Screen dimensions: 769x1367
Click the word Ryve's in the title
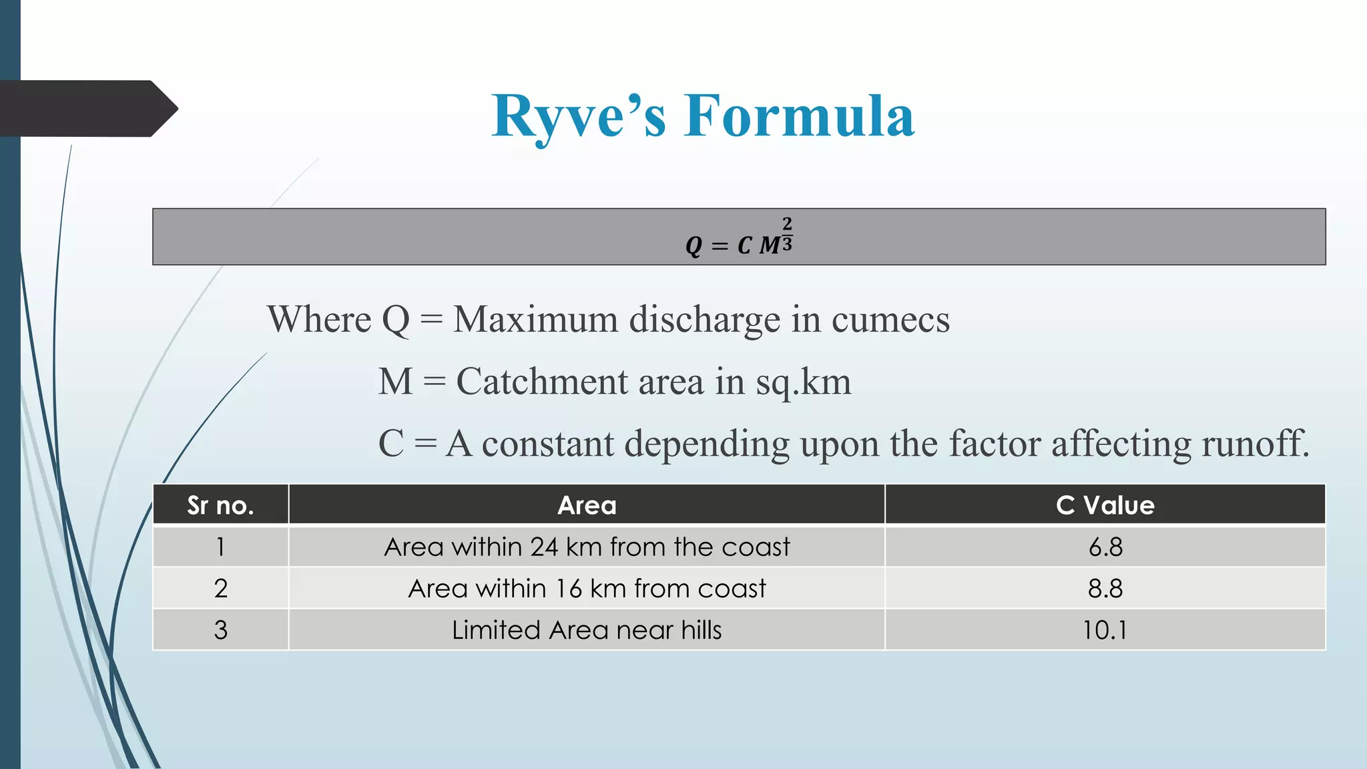[x=579, y=117]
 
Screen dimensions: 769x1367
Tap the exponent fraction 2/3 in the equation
[x=787, y=234]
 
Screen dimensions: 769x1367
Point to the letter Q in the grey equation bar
[x=694, y=246]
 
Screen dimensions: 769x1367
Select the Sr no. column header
[x=220, y=505]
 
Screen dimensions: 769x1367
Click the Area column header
[x=587, y=505]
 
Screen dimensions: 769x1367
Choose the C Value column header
[x=1105, y=505]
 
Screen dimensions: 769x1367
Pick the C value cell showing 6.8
[x=1105, y=547]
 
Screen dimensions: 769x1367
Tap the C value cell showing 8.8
[x=1105, y=589]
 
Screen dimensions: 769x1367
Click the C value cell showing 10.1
[x=1105, y=630]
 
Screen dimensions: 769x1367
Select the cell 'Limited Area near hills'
[x=587, y=630]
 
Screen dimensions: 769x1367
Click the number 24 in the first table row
[x=544, y=547]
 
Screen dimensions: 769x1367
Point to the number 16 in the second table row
[x=569, y=589]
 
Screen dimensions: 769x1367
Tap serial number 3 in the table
[x=221, y=630]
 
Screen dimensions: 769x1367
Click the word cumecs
[x=890, y=320]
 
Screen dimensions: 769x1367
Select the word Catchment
[x=541, y=382]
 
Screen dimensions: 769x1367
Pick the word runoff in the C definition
[x=1255, y=443]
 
